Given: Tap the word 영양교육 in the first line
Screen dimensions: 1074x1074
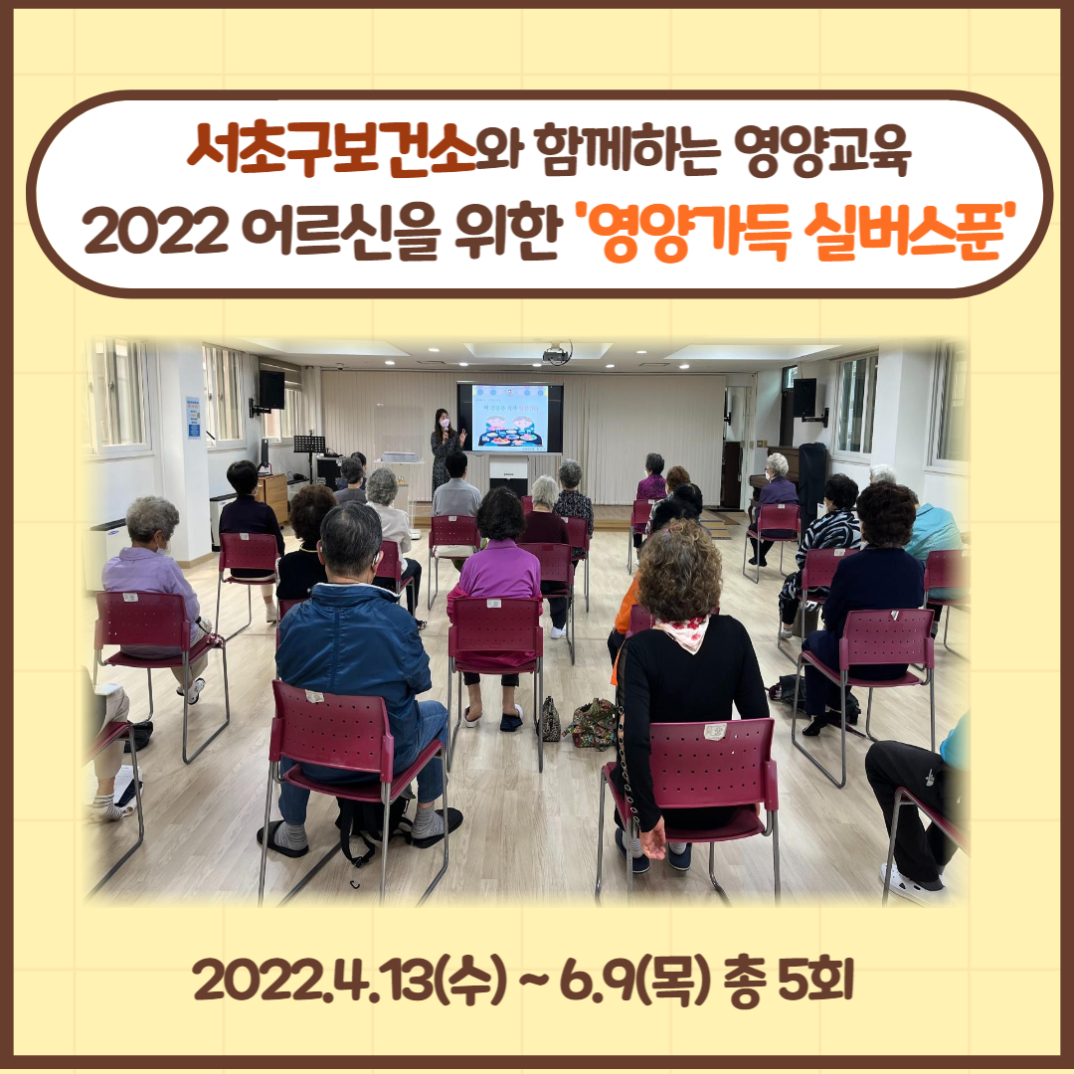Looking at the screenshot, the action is pyautogui.click(x=822, y=151).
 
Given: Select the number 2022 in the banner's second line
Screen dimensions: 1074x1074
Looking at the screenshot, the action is pyautogui.click(x=155, y=230).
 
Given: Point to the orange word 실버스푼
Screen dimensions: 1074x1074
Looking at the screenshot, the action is pyautogui.click(x=904, y=232).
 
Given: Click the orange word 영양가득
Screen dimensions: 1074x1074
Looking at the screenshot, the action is pyautogui.click(x=686, y=232).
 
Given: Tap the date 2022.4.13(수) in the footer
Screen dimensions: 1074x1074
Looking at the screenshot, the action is pyautogui.click(x=349, y=981).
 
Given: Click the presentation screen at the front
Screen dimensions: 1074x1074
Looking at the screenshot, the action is pyautogui.click(x=510, y=417).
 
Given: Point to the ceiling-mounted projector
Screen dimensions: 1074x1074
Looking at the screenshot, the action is pyautogui.click(x=556, y=354).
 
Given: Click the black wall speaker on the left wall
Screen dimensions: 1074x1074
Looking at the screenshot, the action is pyautogui.click(x=271, y=390).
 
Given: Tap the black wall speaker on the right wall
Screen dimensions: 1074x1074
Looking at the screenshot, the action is pyautogui.click(x=805, y=398).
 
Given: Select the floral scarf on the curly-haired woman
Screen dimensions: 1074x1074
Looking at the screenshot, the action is pyautogui.click(x=682, y=631).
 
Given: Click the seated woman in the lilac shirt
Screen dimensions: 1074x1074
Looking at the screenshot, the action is pyautogui.click(x=155, y=589).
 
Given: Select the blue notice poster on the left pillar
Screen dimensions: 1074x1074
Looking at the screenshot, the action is pyautogui.click(x=194, y=417).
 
